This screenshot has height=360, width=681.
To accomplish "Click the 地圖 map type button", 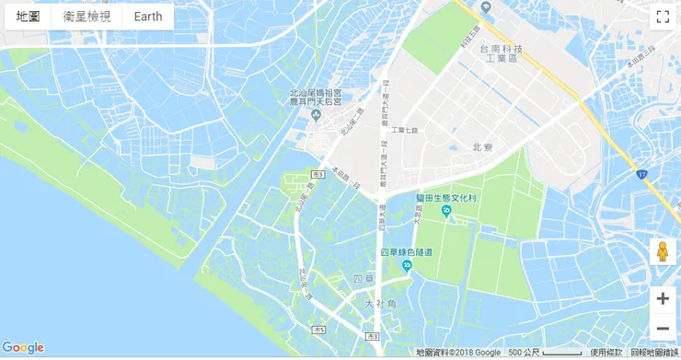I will click(x=28, y=17).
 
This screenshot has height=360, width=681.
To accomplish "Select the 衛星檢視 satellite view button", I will click(x=87, y=17).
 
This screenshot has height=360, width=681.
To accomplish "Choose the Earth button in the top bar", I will click(x=147, y=17).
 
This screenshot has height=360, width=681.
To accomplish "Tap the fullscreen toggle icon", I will click(x=662, y=17).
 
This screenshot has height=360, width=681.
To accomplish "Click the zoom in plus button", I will click(x=662, y=298).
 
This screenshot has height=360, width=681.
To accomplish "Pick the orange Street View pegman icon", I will click(x=662, y=251).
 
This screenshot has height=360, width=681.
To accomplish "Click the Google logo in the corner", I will click(x=23, y=347).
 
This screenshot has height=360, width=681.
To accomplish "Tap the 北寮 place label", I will click(x=483, y=147).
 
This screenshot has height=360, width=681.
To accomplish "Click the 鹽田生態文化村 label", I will click(x=446, y=198).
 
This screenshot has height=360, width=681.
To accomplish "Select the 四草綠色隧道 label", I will click(x=406, y=252).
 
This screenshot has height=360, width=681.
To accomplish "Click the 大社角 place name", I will click(x=380, y=304).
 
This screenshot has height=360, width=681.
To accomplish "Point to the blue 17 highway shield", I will click(x=641, y=172).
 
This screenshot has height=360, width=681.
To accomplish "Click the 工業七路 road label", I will click(x=405, y=130).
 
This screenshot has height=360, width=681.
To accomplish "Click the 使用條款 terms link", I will click(x=606, y=353).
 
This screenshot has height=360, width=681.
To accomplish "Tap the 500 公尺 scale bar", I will click(x=546, y=353).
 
